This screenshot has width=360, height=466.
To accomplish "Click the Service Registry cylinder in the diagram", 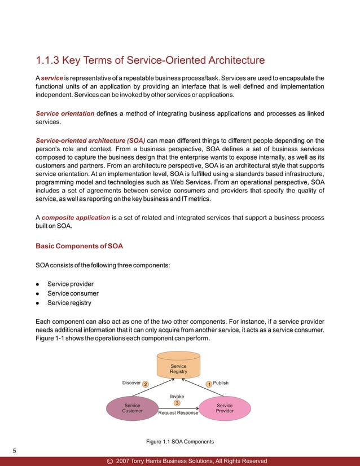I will pos(178,367).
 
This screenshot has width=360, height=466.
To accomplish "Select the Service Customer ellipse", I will pos(133,408).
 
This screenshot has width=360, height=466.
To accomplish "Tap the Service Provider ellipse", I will pos(225,408).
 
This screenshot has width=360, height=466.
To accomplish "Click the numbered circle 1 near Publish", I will pos(209,384).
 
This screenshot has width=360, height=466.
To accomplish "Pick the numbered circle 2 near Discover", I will pos(145,384).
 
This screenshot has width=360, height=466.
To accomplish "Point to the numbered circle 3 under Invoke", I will pos(177,403).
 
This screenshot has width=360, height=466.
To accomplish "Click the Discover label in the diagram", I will pos(131,383).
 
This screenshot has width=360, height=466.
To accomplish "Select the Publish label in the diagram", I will pos(221,383).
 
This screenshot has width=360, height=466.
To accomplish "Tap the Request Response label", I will pos(178,413).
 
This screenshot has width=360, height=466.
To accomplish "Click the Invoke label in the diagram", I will pos(177,396).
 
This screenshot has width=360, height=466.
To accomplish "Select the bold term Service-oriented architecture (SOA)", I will pos(90,140).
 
